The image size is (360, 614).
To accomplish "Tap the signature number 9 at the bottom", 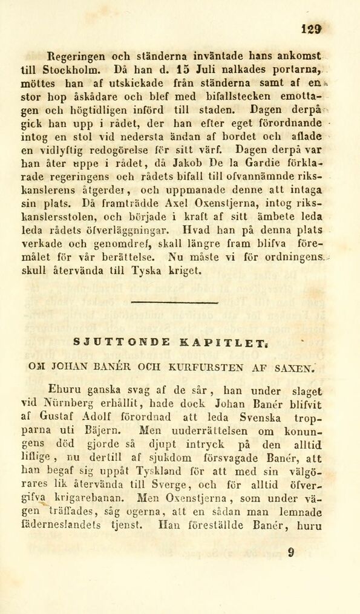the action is (291, 552).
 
